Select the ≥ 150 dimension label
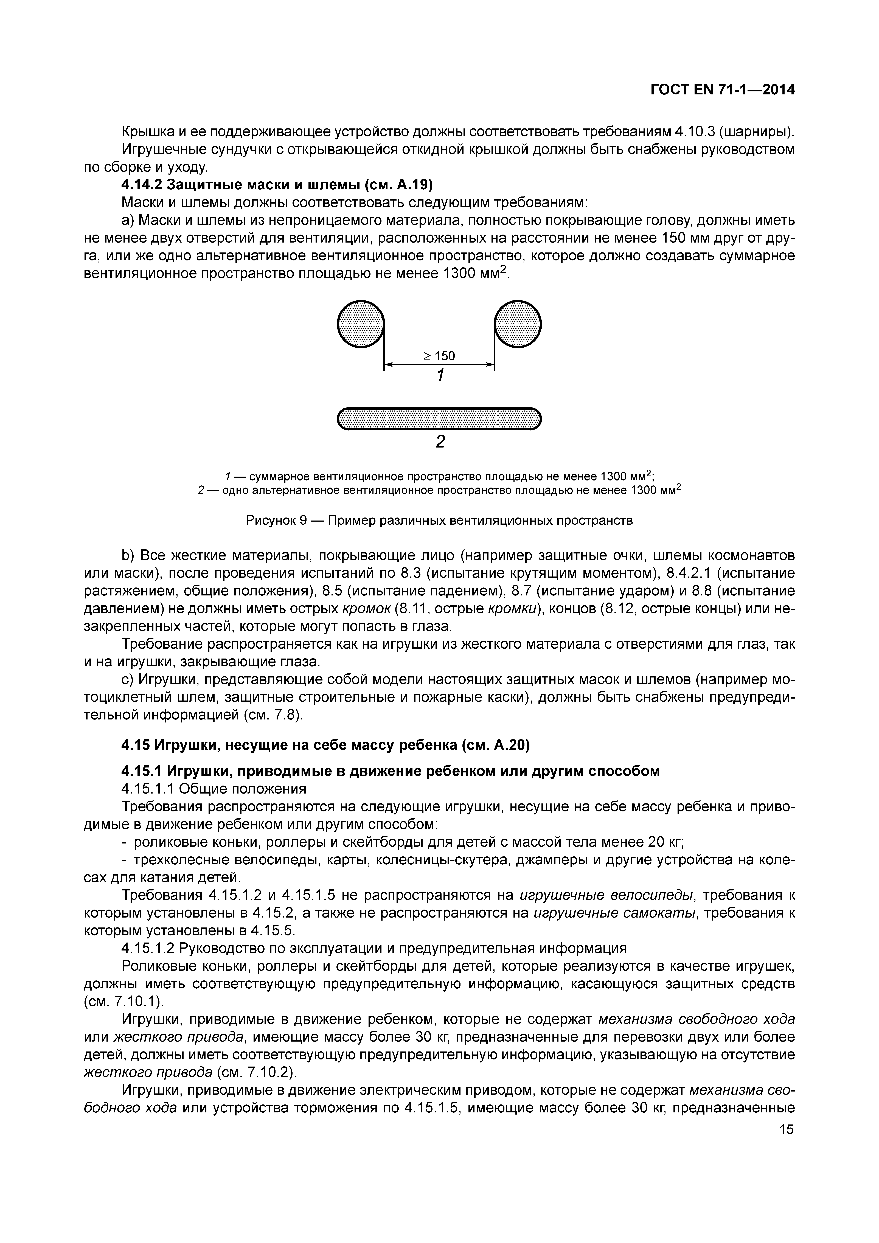tap(439, 356)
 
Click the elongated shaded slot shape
tap(439, 418)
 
